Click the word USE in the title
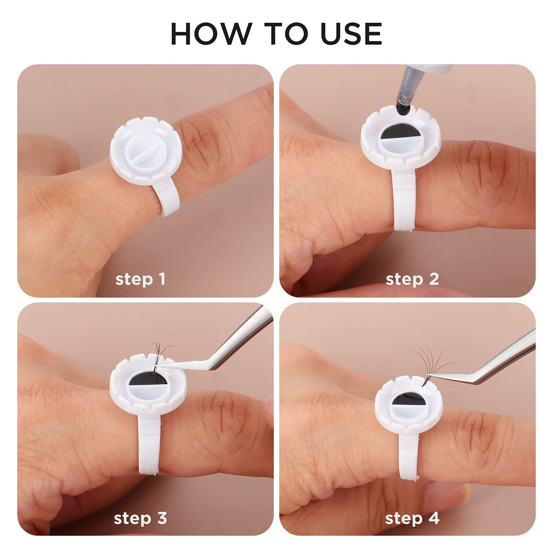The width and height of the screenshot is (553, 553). coord(351,34)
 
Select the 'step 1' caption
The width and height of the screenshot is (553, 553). coord(140,279)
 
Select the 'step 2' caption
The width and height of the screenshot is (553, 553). coord(412,279)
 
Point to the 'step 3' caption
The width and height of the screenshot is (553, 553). coord(140,518)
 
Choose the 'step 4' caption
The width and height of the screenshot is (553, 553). coord(412,518)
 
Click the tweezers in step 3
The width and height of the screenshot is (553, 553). coord(219,349)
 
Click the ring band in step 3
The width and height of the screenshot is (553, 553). coord(150,444)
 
